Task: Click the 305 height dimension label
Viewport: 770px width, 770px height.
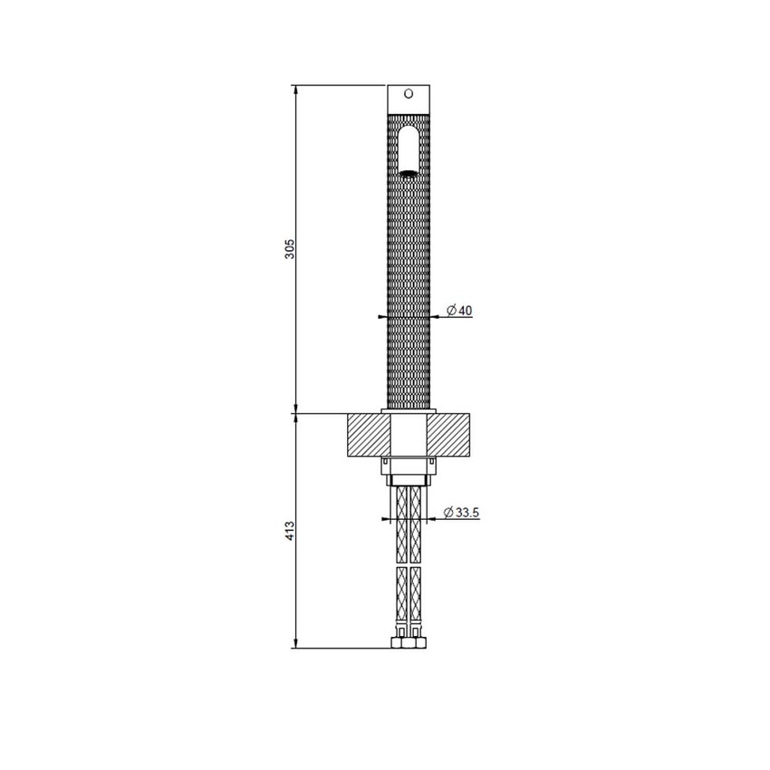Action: point(289,249)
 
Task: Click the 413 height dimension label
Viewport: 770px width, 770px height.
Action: point(289,530)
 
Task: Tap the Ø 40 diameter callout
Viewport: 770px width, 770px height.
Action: point(460,311)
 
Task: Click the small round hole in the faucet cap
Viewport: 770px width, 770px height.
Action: point(408,92)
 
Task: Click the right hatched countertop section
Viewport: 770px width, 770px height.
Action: point(450,435)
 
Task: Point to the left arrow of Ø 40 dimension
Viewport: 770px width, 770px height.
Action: point(382,317)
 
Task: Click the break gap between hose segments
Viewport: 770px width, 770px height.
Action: point(408,561)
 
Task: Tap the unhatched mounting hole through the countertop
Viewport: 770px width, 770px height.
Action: point(408,435)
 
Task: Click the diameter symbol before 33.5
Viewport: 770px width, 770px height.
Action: point(449,513)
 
